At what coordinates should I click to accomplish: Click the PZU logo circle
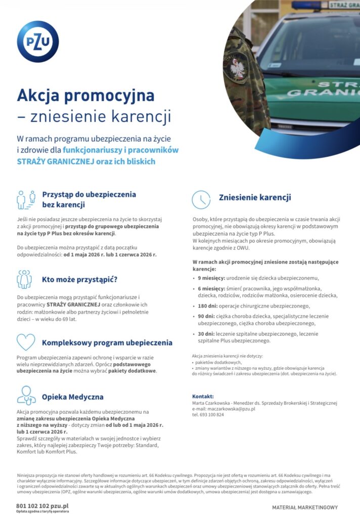click(38, 41)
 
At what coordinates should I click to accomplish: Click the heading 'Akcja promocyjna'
click(85, 95)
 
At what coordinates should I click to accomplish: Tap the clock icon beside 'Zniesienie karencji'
click(201, 199)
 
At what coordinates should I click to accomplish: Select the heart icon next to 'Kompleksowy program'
click(26, 342)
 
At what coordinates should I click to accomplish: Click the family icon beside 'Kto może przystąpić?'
click(25, 279)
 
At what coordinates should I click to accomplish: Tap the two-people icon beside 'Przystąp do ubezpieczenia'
click(26, 199)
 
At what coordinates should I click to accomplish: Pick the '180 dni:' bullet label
click(208, 306)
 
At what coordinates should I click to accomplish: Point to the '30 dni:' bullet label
click(207, 334)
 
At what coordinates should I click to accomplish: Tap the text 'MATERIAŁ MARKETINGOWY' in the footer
click(305, 507)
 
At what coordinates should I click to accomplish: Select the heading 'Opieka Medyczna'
click(72, 397)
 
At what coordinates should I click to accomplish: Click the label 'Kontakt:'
click(203, 396)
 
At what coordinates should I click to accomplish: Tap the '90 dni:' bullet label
click(207, 316)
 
